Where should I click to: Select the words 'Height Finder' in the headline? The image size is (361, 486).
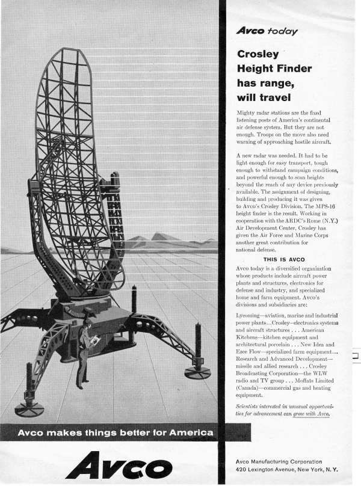tap(274, 69)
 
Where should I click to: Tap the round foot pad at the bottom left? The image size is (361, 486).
tap(28, 410)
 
